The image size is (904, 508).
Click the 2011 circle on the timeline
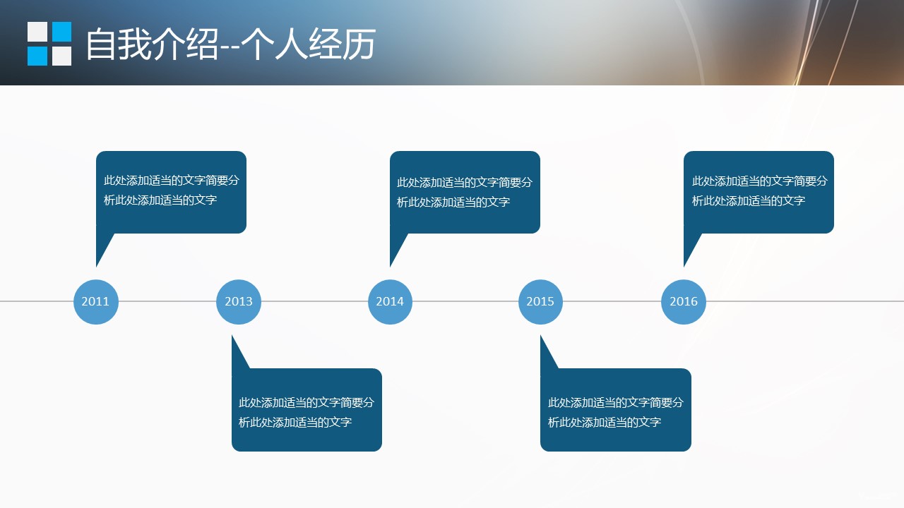tap(95, 301)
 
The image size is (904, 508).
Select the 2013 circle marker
tap(239, 301)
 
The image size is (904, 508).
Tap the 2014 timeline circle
tap(390, 301)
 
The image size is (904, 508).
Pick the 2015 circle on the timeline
tap(540, 301)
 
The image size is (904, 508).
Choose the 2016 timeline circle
tap(684, 301)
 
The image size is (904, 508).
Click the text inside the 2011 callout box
tap(172, 190)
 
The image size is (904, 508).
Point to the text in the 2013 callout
tap(307, 412)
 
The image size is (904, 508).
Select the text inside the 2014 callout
tap(465, 192)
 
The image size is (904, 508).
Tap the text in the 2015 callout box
tap(615, 412)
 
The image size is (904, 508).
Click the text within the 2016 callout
tap(759, 190)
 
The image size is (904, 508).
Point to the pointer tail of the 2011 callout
tap(102, 247)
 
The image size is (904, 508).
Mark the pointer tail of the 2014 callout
tap(396, 247)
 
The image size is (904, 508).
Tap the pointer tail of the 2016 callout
tap(690, 247)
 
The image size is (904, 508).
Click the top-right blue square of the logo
tap(62, 32)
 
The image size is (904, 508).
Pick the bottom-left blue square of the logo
tap(37, 56)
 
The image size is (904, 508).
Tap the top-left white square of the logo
tap(37, 32)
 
